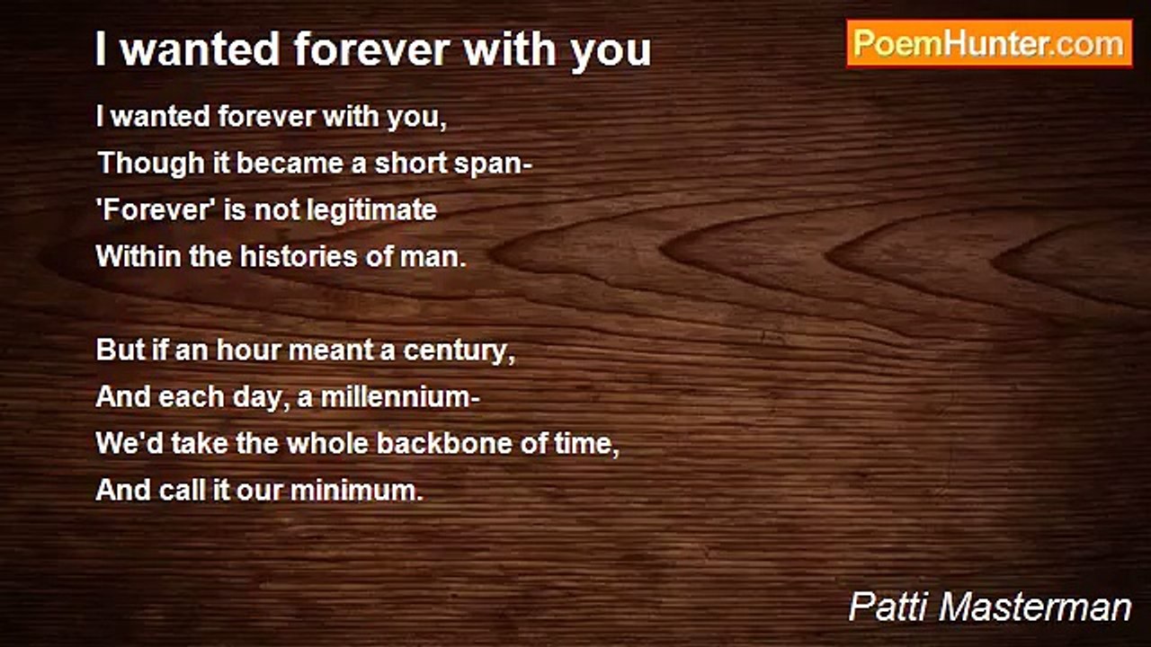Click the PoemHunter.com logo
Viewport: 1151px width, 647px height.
click(x=989, y=43)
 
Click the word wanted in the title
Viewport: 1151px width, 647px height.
click(x=201, y=50)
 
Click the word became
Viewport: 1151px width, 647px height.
click(x=279, y=164)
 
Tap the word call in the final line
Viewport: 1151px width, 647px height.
click(x=184, y=491)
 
